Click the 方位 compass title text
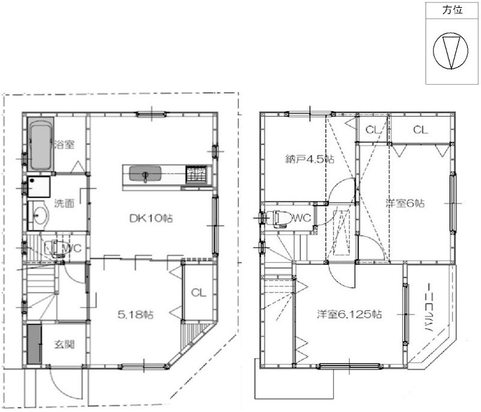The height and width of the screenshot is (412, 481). (453, 11)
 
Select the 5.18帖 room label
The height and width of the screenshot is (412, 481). (134, 314)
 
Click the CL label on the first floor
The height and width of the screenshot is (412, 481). (198, 294)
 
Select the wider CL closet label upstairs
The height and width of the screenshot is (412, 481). (420, 129)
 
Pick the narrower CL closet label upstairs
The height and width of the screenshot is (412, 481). (373, 129)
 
